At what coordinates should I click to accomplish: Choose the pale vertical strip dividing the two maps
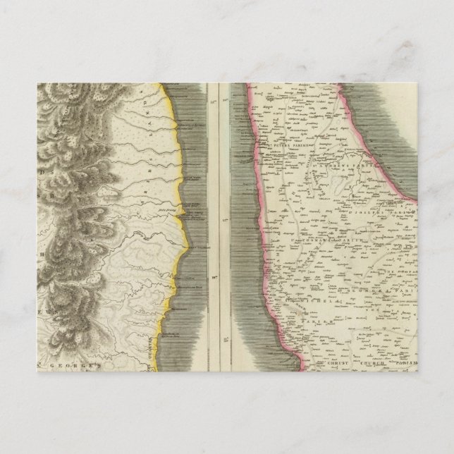[x=224, y=211]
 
